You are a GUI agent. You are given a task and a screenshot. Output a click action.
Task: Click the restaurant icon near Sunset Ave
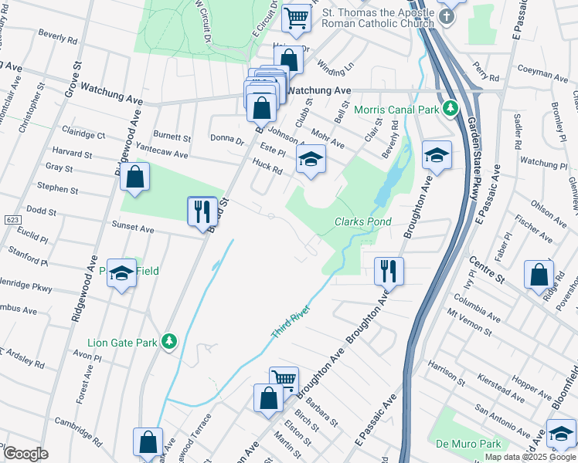[x=202, y=211]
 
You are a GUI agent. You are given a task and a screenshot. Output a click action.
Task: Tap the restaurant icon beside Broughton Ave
[x=388, y=272]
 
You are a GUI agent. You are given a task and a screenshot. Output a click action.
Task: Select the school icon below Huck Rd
[x=311, y=160]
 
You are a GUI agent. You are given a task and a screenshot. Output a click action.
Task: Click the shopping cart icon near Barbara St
[x=284, y=380]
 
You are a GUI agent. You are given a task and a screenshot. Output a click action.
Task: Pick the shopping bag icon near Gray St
[x=135, y=177]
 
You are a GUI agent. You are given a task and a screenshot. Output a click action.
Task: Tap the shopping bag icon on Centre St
[x=539, y=275]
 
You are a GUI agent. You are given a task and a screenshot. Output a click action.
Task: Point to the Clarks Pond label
[x=362, y=221]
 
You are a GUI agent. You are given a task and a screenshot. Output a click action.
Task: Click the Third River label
[x=290, y=325]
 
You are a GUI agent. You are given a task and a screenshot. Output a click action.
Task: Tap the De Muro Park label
[x=468, y=444]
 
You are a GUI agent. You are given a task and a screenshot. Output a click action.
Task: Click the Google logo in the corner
[x=25, y=454]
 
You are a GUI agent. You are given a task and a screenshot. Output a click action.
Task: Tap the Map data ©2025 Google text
[x=530, y=457]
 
